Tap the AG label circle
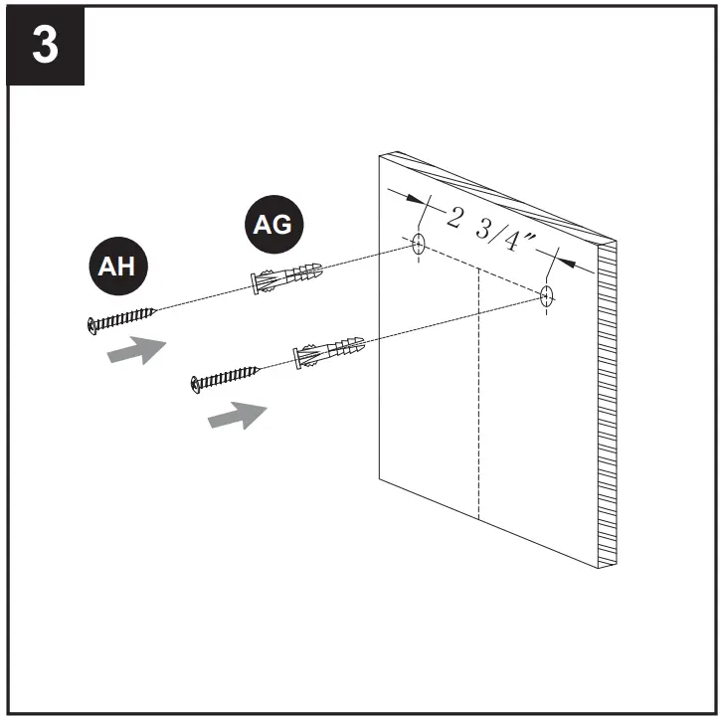coord(273,226)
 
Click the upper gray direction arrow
coord(136,349)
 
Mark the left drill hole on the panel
coord(419,243)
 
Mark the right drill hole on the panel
coord(546,295)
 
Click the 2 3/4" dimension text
coord(490,230)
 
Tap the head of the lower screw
coord(196,382)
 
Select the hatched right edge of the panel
coord(606,418)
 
